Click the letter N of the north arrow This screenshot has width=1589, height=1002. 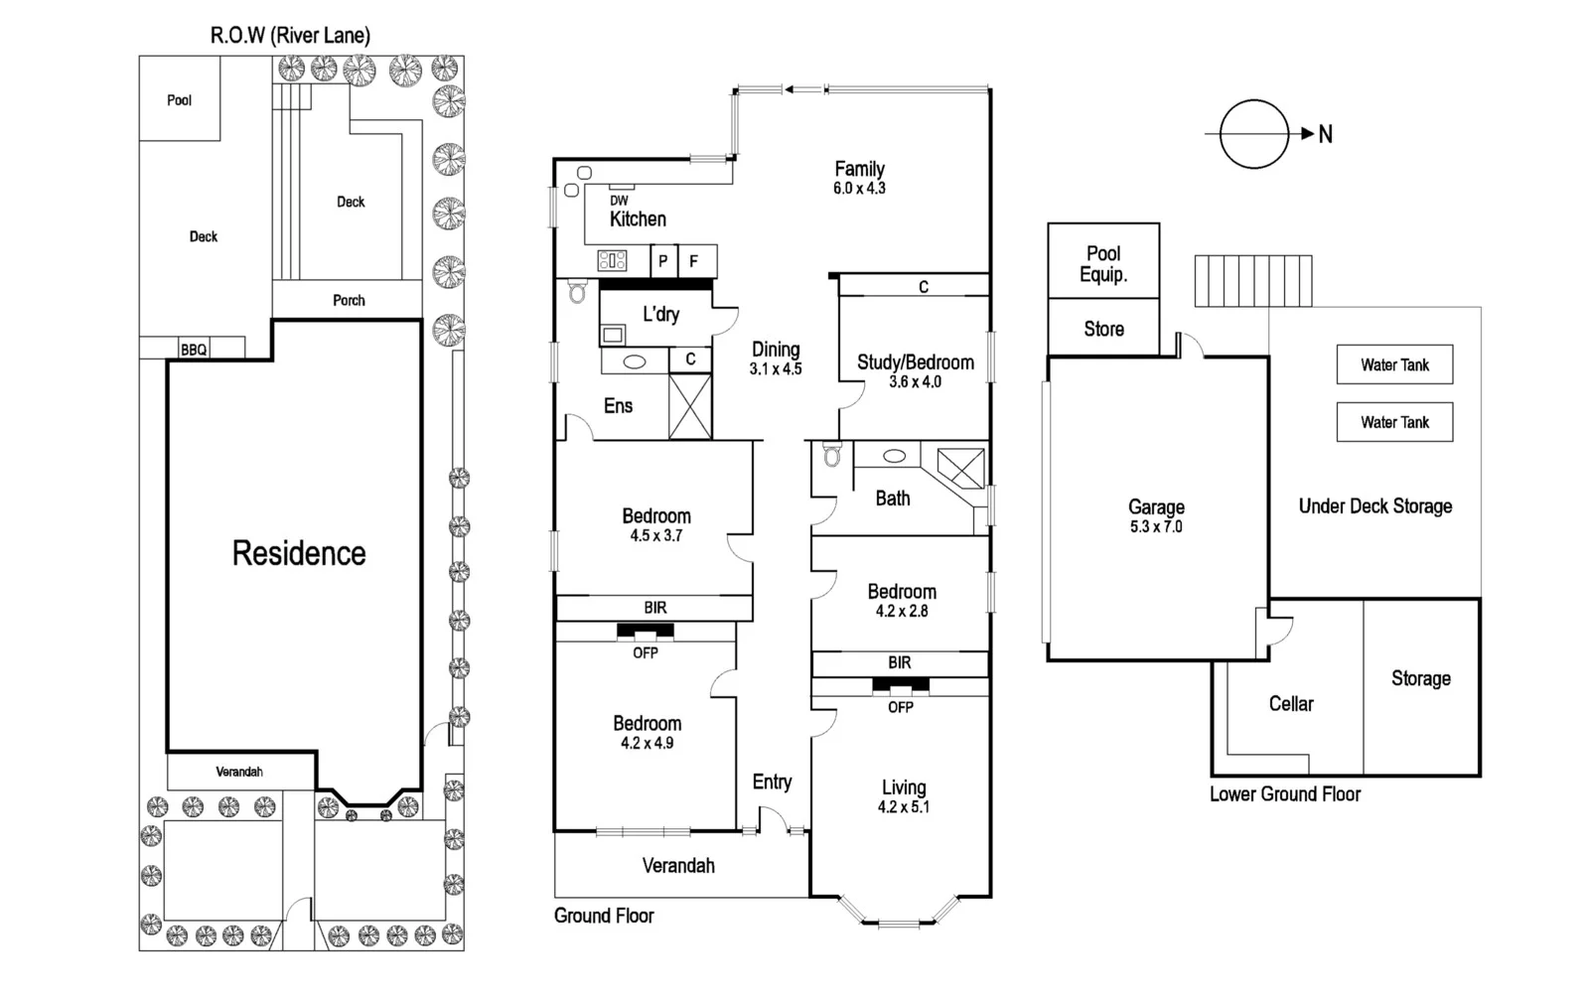(1325, 134)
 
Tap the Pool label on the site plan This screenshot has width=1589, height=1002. (179, 100)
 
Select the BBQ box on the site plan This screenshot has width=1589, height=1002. (194, 350)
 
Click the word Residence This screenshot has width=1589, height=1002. (299, 553)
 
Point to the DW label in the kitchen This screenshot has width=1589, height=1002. (619, 201)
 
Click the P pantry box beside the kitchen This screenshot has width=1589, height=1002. (663, 261)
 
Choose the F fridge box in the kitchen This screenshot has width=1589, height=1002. (694, 261)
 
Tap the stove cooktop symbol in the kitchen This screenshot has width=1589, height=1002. (612, 261)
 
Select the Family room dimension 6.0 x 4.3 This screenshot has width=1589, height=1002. (859, 188)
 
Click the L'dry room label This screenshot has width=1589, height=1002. (660, 315)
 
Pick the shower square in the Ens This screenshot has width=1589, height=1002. (690, 406)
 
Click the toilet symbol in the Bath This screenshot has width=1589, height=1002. (831, 456)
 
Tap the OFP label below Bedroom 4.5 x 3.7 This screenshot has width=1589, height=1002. (646, 652)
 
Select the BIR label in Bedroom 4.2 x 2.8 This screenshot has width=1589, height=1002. (900, 662)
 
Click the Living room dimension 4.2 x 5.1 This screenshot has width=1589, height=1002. (903, 807)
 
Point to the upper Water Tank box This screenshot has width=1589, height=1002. (1394, 364)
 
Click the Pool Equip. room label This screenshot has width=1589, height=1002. (1103, 263)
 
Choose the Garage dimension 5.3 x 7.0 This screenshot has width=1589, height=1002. (1156, 527)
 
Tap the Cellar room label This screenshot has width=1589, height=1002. (1291, 704)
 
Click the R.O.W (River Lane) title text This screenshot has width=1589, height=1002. (290, 36)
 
